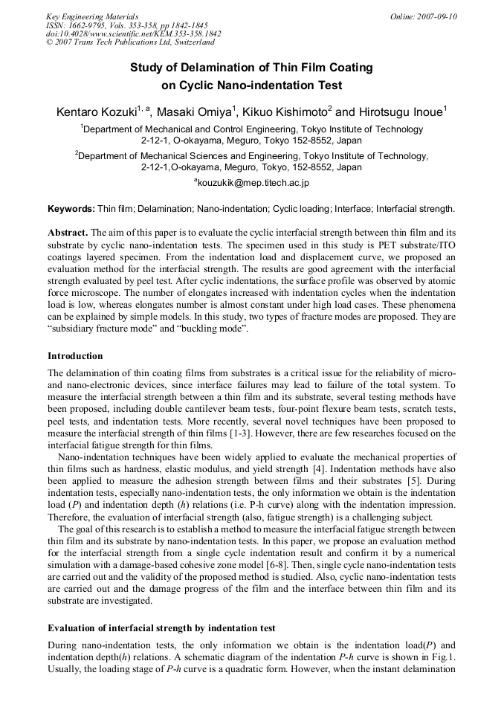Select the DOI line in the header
[133, 34]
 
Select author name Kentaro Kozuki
[96, 113]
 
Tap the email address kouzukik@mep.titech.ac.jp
[251, 182]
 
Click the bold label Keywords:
[71, 210]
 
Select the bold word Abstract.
[68, 232]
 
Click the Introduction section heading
[75, 356]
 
